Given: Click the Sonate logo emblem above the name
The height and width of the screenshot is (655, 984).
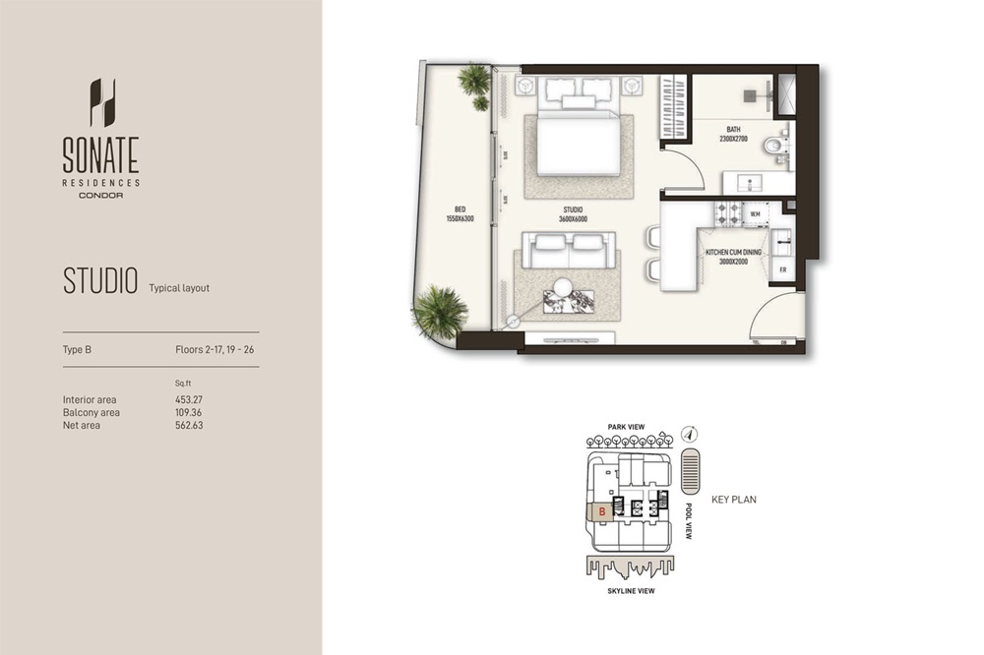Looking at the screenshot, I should click(x=101, y=102).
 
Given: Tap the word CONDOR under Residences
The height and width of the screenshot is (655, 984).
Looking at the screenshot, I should click(x=101, y=195).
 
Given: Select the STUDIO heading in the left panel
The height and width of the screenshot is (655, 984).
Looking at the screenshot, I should click(x=100, y=280).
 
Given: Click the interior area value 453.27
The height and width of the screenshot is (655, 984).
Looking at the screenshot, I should click(x=189, y=400).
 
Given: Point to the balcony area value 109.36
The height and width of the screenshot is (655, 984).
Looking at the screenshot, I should click(x=189, y=413).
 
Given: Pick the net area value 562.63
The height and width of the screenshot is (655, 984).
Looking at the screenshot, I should click(x=189, y=426).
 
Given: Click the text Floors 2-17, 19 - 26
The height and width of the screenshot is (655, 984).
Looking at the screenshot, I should click(x=208, y=349).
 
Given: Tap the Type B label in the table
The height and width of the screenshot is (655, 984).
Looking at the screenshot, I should click(x=77, y=349).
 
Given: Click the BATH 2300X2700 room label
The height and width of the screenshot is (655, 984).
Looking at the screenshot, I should click(x=734, y=135).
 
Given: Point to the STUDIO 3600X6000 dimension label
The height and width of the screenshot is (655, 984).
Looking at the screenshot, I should click(x=573, y=214).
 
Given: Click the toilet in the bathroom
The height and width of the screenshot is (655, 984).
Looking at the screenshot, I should click(x=775, y=148).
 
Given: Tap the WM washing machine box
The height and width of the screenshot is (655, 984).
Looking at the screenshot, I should click(x=756, y=212).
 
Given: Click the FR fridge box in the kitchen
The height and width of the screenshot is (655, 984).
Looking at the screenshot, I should click(x=782, y=269).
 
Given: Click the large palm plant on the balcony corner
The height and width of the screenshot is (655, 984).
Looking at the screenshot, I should click(x=440, y=311).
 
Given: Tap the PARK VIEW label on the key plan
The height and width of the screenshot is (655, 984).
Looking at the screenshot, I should click(x=626, y=426).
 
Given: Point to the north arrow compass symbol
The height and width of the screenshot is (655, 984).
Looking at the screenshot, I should click(x=691, y=433).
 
